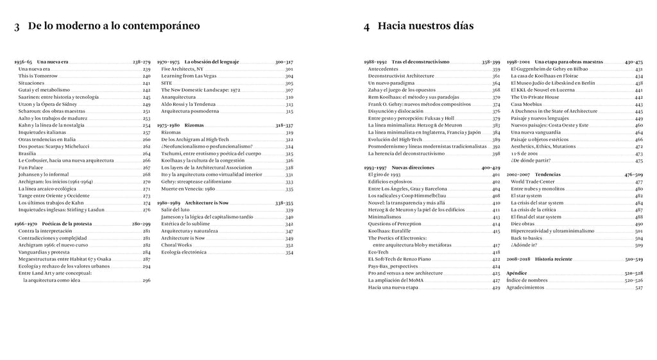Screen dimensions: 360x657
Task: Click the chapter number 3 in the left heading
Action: pos(17,27)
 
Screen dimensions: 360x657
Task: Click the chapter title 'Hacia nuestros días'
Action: pos(425,26)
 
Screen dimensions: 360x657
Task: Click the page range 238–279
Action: pos(141,62)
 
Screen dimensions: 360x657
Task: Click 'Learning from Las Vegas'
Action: pos(186,76)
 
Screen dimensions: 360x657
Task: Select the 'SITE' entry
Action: pos(167,83)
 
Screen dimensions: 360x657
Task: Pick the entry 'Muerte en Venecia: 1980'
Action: pos(187,189)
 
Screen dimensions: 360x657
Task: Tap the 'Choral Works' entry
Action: pos(176,244)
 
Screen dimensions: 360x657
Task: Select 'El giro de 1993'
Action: pos(384,175)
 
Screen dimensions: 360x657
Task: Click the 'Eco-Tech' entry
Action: pos(379,252)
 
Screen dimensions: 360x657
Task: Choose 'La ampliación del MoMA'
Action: pos(398,280)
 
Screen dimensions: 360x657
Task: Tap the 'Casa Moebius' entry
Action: pos(524,104)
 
